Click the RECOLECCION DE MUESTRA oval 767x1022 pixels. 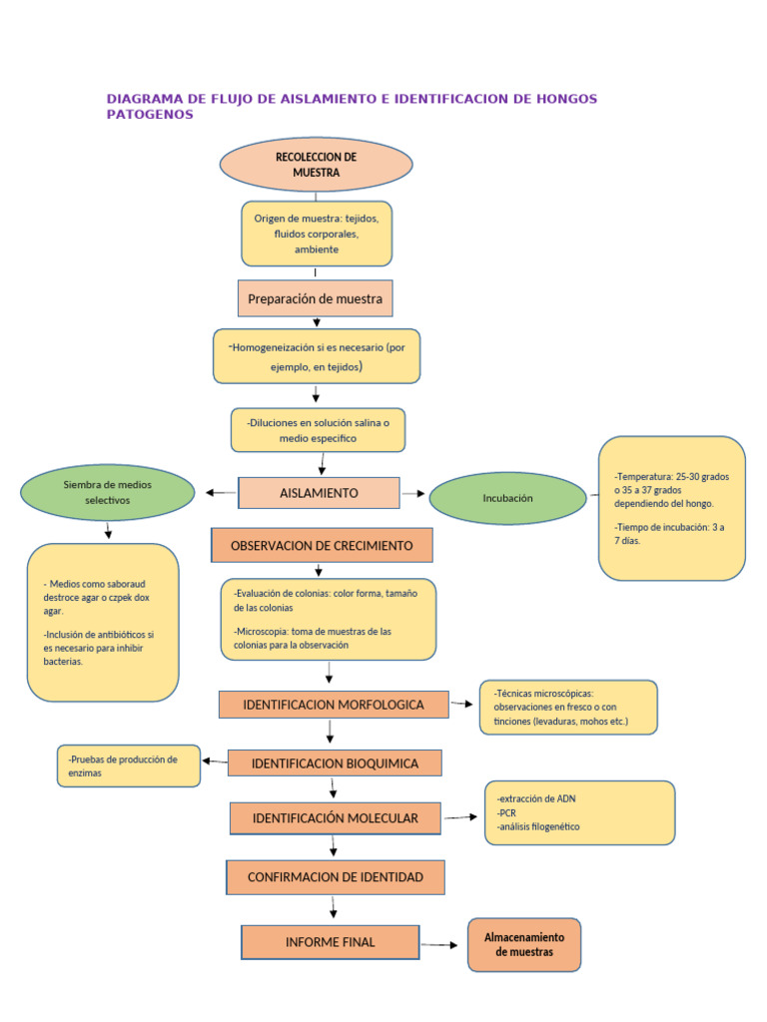click(x=316, y=165)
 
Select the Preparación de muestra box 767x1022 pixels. click(x=316, y=298)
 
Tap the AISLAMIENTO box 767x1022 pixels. click(x=319, y=493)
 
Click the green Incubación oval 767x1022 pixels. click(x=507, y=498)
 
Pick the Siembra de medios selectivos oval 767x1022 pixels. click(x=108, y=492)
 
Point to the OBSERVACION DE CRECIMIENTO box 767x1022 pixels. click(x=321, y=546)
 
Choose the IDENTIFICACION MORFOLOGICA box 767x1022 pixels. click(x=333, y=705)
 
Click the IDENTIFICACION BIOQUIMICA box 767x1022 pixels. click(x=335, y=764)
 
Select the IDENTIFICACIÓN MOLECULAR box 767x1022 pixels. click(x=335, y=818)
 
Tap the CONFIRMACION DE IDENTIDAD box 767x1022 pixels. click(x=335, y=877)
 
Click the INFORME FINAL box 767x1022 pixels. click(x=331, y=942)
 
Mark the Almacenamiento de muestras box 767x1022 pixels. click(x=524, y=945)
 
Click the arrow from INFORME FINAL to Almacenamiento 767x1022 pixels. click(x=442, y=943)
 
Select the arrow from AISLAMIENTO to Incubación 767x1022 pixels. click(x=413, y=493)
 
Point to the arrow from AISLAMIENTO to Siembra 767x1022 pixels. click(x=221, y=492)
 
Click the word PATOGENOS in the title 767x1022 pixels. click(x=150, y=115)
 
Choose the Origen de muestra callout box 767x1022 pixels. click(x=316, y=234)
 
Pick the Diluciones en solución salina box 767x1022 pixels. click(x=319, y=430)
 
